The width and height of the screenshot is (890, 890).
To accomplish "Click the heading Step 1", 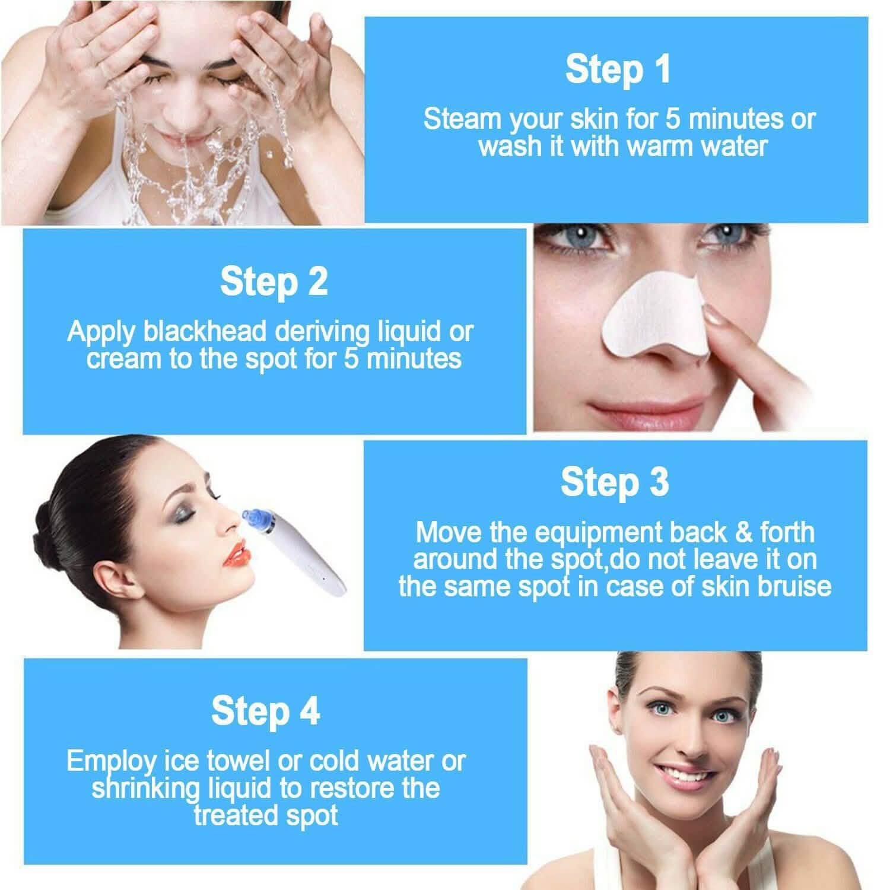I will tap(618, 69).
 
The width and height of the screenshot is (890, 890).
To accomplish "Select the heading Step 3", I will tap(615, 482).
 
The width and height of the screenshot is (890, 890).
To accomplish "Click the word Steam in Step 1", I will tap(462, 119).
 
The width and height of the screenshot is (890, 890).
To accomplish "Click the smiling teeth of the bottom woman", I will tap(690, 773).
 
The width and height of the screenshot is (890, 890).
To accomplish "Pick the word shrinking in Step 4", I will tap(146, 789).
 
